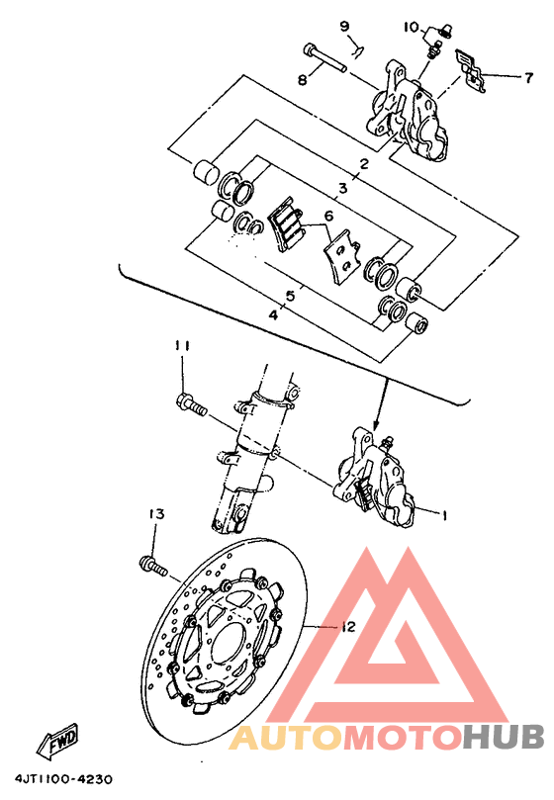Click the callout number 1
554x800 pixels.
pyautogui.click(x=444, y=514)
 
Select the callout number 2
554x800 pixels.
pyautogui.click(x=364, y=164)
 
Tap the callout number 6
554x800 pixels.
pyautogui.click(x=328, y=217)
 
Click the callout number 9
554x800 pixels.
pyautogui.click(x=345, y=25)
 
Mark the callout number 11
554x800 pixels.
pyautogui.click(x=182, y=345)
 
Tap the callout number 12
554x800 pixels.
pyautogui.click(x=347, y=627)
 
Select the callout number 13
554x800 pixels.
pyautogui.click(x=154, y=514)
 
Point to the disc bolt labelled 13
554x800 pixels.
pyautogui.click(x=152, y=567)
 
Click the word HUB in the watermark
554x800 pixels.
pyautogui.click(x=505, y=738)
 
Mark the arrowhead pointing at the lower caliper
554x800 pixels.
pyautogui.click(x=378, y=418)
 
